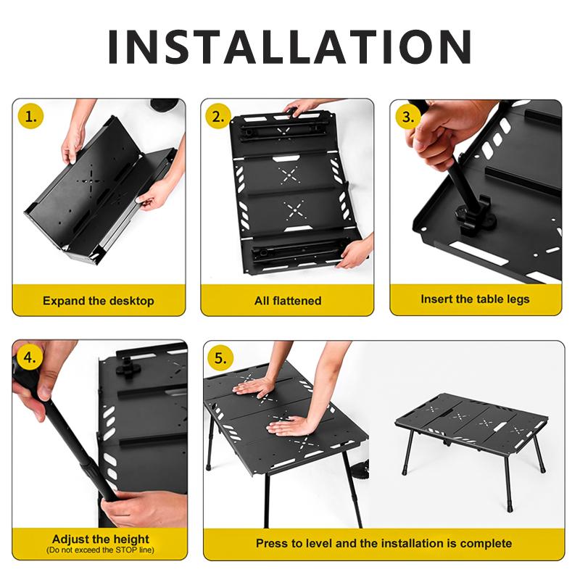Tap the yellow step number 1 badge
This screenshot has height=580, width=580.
click(x=30, y=116)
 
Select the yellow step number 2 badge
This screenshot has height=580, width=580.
click(x=218, y=116)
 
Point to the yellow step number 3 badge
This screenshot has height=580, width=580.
click(x=409, y=116)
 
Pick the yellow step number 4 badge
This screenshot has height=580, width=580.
click(x=30, y=357)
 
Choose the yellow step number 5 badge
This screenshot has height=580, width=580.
click(x=220, y=357)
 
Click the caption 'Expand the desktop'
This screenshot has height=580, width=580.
click(x=99, y=300)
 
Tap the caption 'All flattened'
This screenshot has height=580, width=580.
click(x=288, y=300)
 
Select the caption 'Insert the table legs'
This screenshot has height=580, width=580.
click(x=475, y=299)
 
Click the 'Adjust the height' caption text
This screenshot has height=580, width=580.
click(x=101, y=539)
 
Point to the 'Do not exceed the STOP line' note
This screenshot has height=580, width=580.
click(x=101, y=550)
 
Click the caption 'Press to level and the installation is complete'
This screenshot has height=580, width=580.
click(x=384, y=543)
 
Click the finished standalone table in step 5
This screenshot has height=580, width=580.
click(x=471, y=431)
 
